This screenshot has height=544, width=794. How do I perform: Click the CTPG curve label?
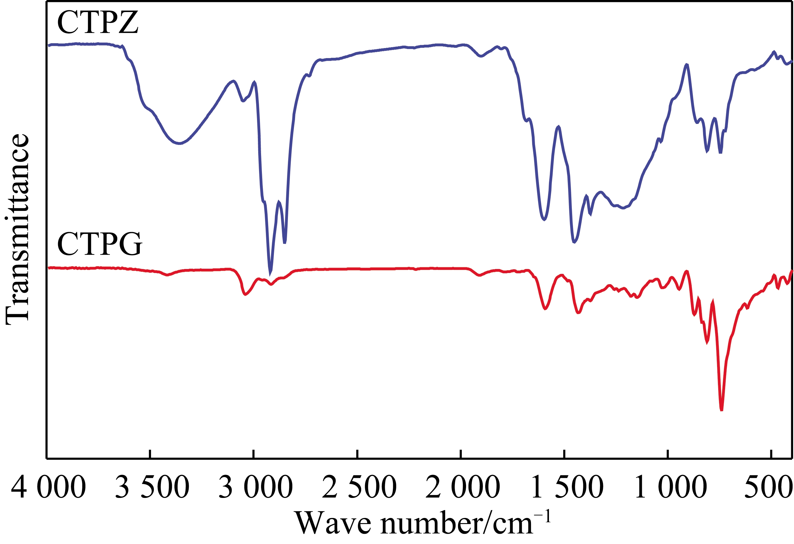(x=100, y=244)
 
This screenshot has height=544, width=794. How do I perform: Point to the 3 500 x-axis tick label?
(x=152, y=487)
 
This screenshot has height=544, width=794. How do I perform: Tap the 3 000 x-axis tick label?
(x=256, y=487)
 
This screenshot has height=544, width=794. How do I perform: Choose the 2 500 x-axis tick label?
(x=359, y=487)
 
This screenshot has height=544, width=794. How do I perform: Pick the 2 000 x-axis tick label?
(x=463, y=487)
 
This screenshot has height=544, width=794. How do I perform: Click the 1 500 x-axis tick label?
(x=567, y=487)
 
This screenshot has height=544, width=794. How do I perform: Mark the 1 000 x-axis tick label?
(x=670, y=487)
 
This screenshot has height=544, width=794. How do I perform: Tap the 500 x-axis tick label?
(x=768, y=487)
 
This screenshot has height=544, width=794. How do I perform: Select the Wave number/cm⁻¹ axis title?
(x=423, y=523)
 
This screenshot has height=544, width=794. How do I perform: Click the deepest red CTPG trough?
(x=721, y=409)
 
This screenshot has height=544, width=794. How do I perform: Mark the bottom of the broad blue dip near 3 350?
(x=179, y=144)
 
